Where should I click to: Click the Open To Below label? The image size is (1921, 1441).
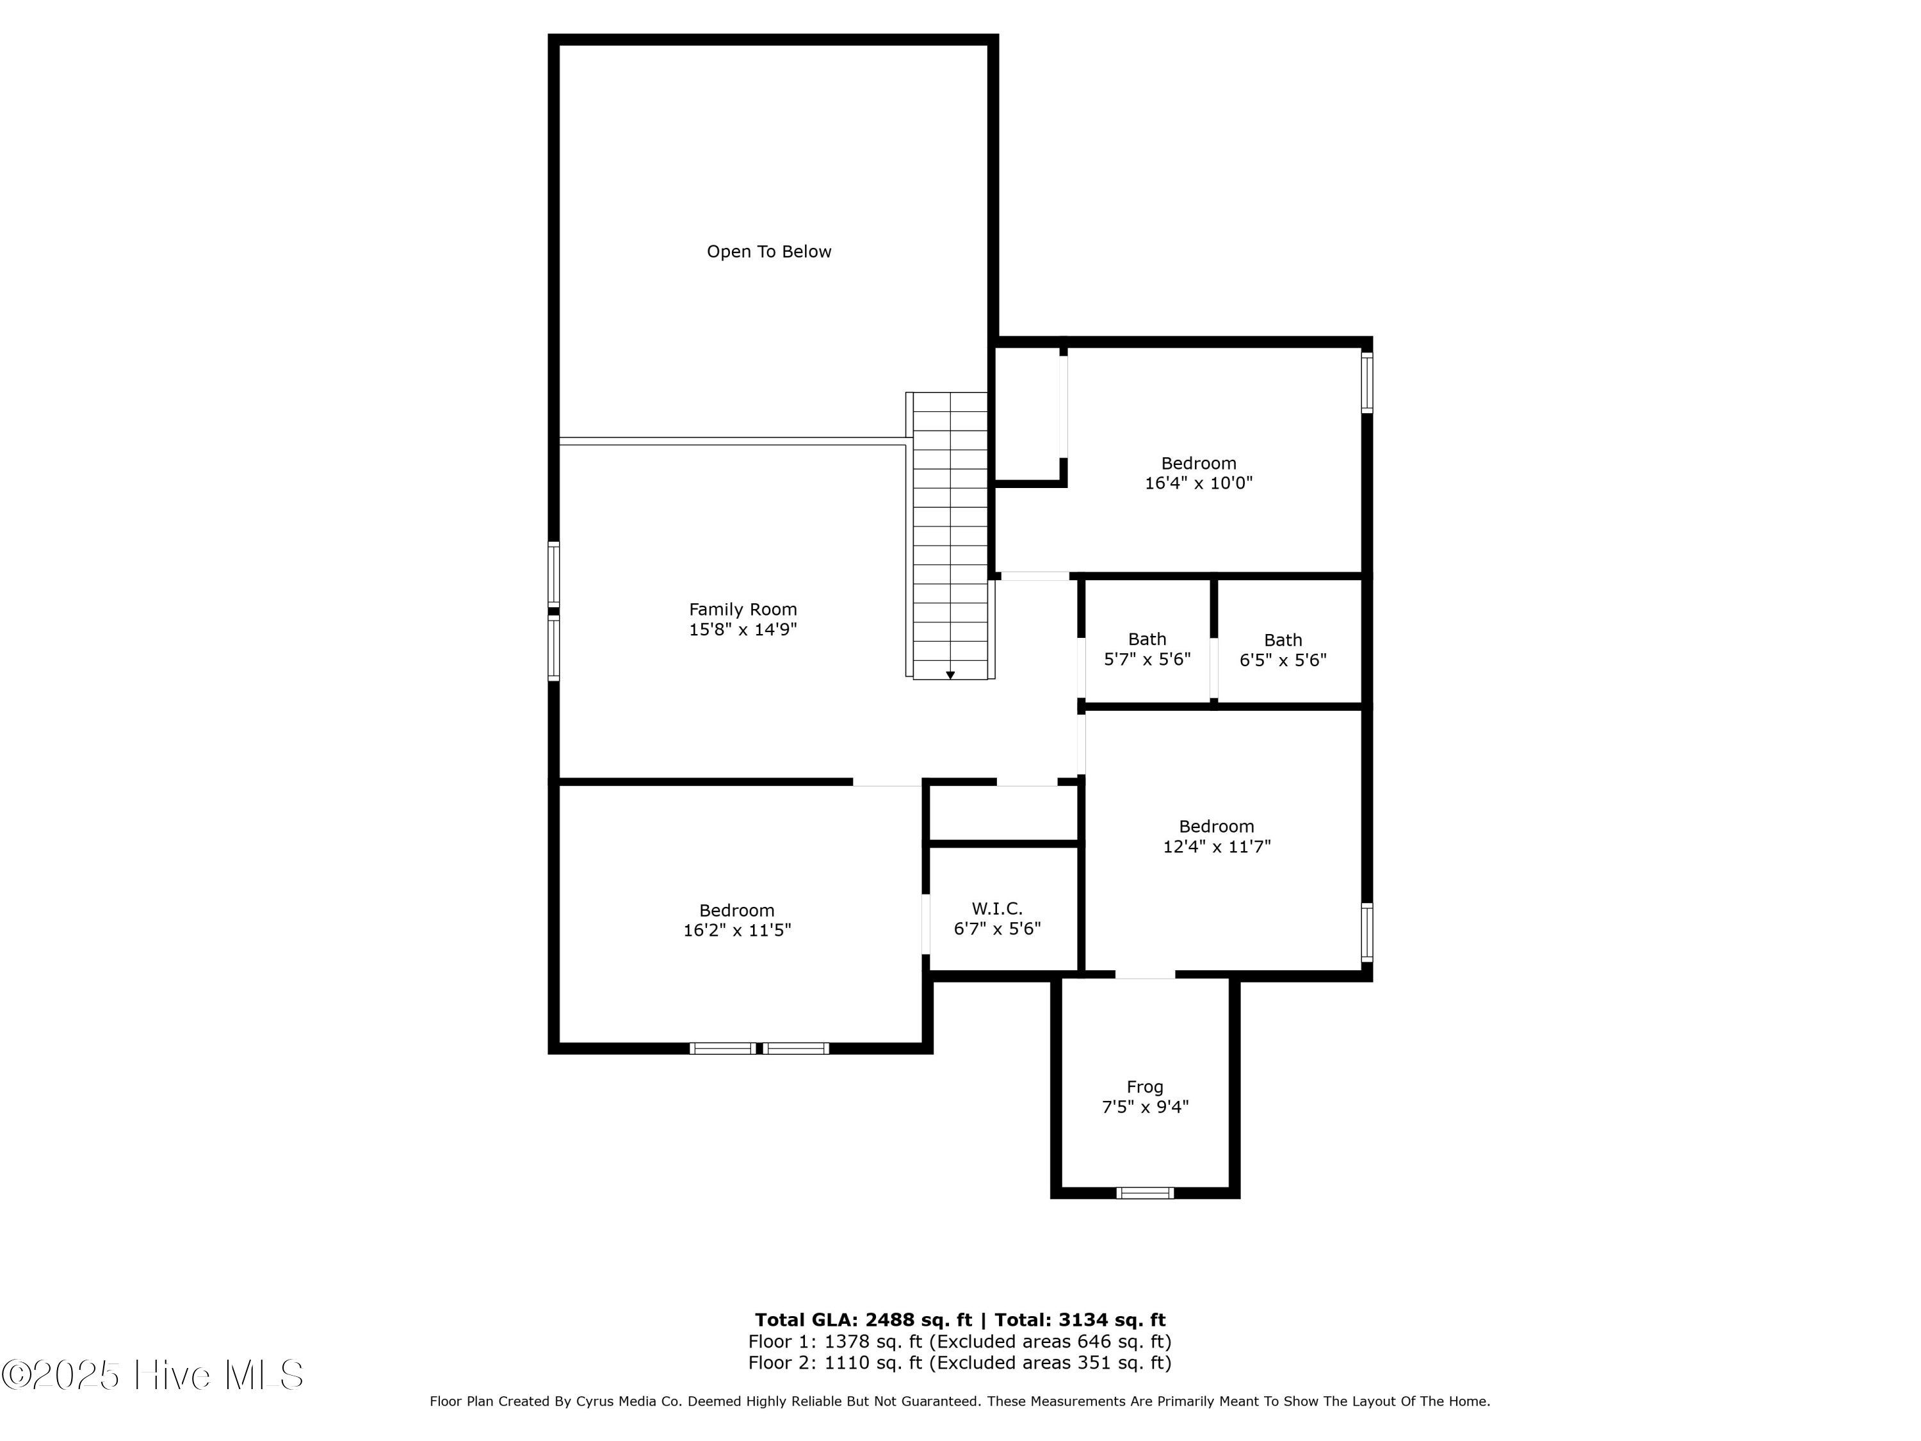tap(768, 252)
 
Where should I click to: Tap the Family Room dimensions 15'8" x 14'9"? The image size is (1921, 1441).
tap(743, 630)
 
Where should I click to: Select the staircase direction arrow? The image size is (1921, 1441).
tap(950, 675)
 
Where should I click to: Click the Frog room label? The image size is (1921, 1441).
tap(1145, 1087)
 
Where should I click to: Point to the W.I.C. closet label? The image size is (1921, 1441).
tap(997, 909)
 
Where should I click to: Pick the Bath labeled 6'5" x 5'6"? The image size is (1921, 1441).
tap(1283, 649)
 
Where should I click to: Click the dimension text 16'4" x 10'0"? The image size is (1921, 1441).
tap(1199, 483)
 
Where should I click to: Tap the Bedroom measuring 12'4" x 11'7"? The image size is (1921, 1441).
tap(1216, 836)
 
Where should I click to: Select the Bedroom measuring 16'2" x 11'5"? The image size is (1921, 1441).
tap(736, 920)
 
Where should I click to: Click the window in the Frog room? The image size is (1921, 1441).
tap(1145, 1193)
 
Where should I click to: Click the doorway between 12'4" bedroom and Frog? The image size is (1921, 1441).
tap(1145, 975)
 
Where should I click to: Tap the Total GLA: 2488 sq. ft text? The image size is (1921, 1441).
tap(863, 1320)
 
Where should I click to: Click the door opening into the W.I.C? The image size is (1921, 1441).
tap(926, 924)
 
